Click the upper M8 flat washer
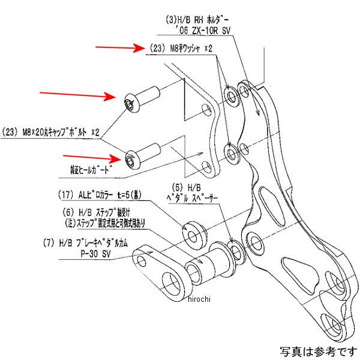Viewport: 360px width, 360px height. coord(231,94)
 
